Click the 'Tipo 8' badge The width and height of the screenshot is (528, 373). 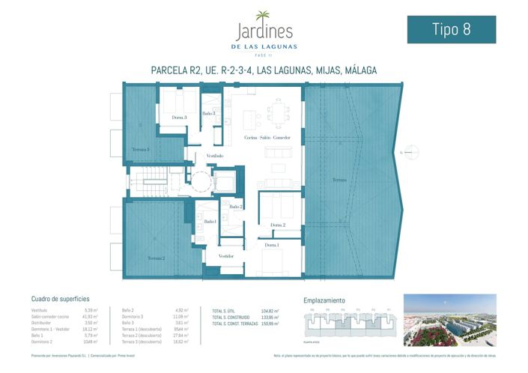tap(451, 29)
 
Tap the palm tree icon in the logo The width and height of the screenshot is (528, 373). tap(263, 16)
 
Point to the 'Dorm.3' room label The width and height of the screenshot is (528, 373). tap(179, 118)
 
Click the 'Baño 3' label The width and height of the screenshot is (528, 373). tap(208, 113)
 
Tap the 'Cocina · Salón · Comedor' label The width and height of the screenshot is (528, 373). tap(267, 139)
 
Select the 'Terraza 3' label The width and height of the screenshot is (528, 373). tap(140, 149)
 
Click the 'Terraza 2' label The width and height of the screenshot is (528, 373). tap(155, 258)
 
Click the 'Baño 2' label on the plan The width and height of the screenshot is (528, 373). tap(236, 206)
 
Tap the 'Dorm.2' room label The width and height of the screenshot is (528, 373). tap(278, 225)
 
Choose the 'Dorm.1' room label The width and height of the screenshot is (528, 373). tap(271, 245)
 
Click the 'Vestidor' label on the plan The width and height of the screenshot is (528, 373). tap(225, 256)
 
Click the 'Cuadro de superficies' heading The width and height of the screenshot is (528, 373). tap(61, 298)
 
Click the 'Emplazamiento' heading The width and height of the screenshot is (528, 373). tap(324, 298)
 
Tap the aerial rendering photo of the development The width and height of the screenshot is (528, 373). tap(449, 320)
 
